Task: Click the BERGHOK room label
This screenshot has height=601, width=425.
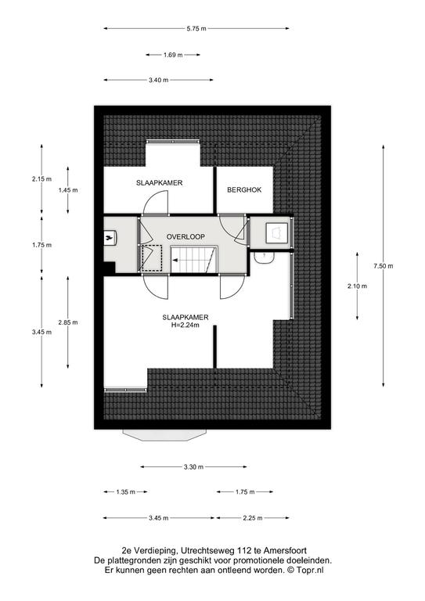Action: click(x=244, y=189)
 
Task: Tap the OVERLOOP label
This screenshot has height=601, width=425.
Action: click(x=185, y=237)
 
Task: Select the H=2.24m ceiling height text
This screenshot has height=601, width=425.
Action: click(x=185, y=325)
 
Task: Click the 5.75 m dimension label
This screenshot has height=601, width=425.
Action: click(x=196, y=28)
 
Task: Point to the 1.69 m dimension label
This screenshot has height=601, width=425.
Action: click(x=173, y=55)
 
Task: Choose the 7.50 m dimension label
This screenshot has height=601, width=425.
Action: click(x=384, y=266)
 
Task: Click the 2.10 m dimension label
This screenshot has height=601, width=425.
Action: click(x=357, y=286)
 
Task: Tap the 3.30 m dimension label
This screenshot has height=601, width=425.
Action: click(x=193, y=467)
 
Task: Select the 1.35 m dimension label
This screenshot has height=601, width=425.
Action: click(x=125, y=491)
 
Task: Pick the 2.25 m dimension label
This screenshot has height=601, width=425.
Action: click(x=253, y=518)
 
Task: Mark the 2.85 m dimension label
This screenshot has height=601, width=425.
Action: click(x=68, y=322)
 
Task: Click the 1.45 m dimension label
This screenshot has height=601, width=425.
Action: click(x=68, y=190)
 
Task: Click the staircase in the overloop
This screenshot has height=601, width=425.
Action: click(x=194, y=260)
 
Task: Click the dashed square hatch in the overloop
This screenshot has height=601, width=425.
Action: click(x=152, y=259)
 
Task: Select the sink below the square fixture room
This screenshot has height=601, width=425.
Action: click(x=264, y=257)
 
